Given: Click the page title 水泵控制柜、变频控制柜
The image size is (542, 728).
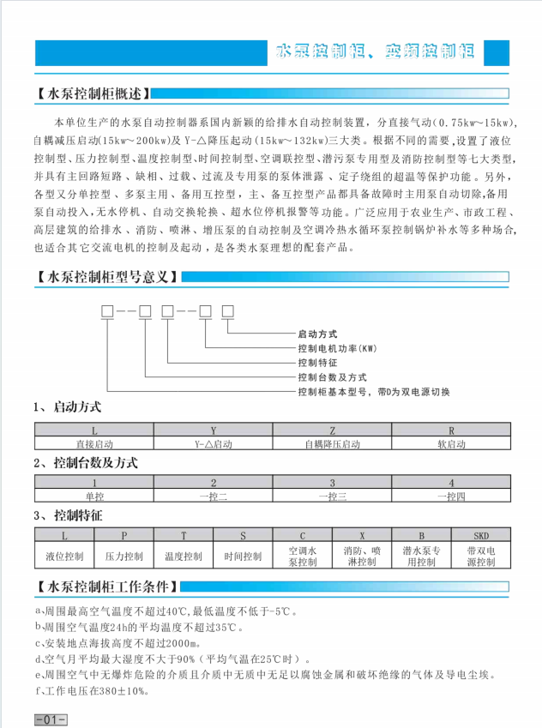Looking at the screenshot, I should [x=376, y=51].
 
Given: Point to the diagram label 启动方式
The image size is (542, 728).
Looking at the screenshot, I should [x=317, y=333].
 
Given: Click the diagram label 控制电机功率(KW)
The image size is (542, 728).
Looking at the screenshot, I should [x=337, y=347].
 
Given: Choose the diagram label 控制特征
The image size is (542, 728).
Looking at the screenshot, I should [x=317, y=362].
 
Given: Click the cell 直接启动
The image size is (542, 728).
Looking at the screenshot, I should [x=93, y=444].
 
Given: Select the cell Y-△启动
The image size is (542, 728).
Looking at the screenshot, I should [x=213, y=444].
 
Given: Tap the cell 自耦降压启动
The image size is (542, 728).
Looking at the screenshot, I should [x=332, y=444].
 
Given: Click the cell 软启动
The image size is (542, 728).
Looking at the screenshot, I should [x=451, y=444].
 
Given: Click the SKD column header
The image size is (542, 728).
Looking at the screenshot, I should [x=481, y=534].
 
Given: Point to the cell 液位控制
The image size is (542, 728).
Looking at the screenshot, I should [x=64, y=557].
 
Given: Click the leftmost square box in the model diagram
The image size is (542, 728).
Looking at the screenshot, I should [x=109, y=310].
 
